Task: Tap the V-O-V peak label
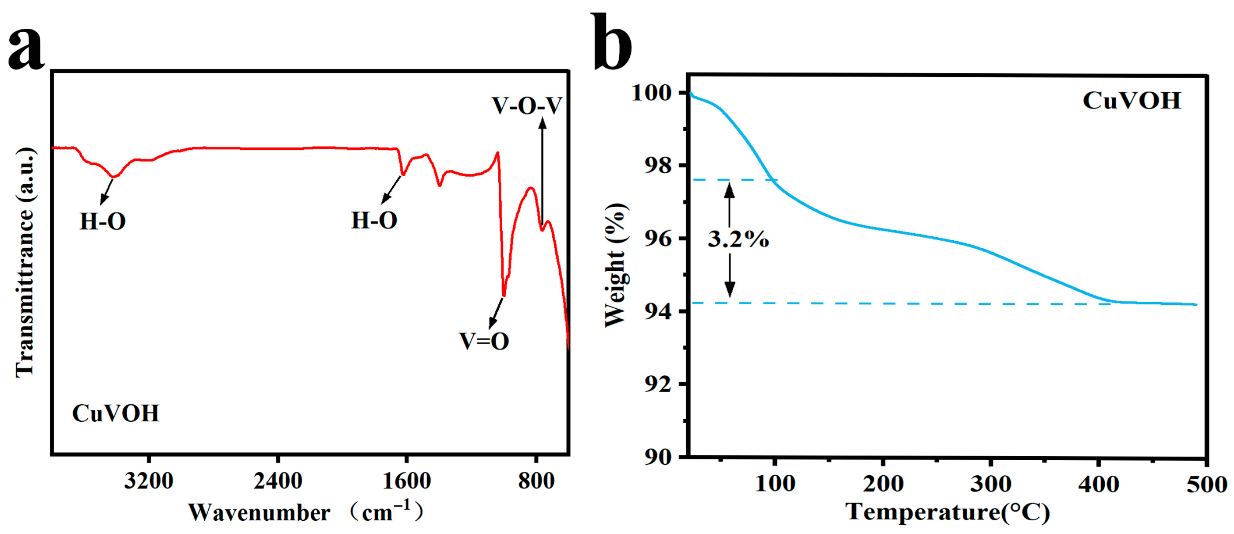pos(527,106)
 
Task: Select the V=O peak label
pos(484,341)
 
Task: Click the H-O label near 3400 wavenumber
pos(102,221)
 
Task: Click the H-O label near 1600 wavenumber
pos(374,220)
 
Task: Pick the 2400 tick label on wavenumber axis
pos(278,481)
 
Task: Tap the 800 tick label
pos(536,481)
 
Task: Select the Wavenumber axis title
pos(307,512)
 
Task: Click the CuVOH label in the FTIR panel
pos(116,413)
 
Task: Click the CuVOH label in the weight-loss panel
pos(1132,101)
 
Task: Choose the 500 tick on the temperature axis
pos(1206,484)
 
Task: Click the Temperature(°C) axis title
pos(948,511)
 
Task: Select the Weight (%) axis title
pos(616,266)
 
